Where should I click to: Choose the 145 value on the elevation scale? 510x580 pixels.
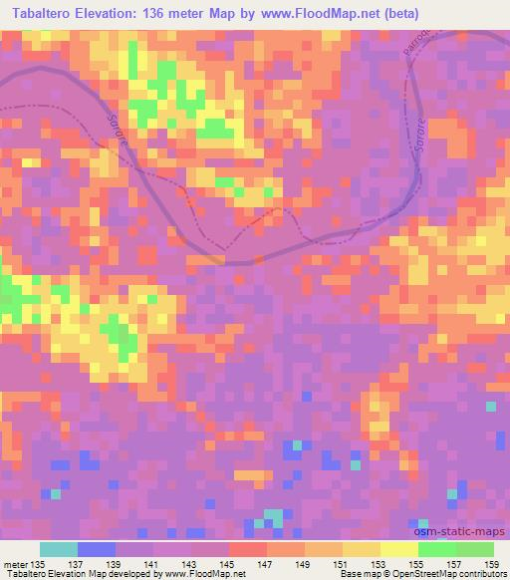[228, 563]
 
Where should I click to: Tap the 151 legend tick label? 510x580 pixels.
[342, 563]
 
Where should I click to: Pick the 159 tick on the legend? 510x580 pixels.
[493, 563]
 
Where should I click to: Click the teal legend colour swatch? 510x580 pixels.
[59, 549]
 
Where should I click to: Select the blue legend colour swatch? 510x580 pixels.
[97, 549]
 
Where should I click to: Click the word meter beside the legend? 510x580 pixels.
[15, 563]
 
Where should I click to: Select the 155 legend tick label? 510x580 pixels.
[417, 563]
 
